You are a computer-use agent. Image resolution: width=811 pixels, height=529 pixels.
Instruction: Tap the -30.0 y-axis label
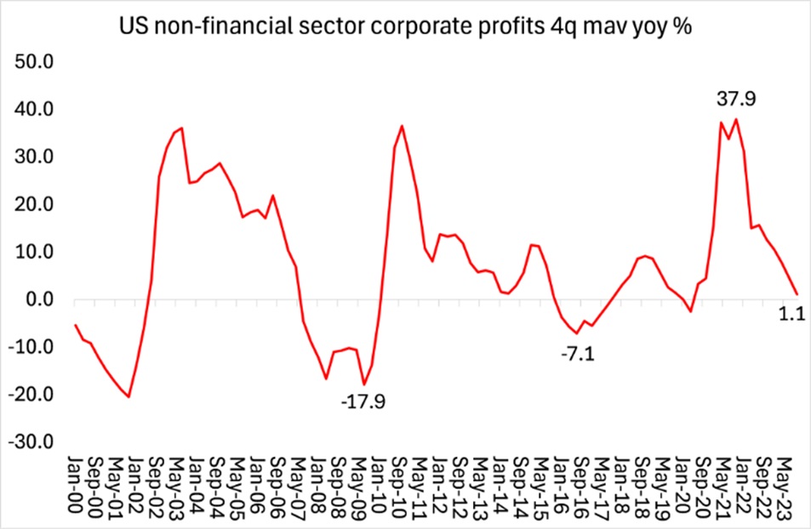click(x=31, y=442)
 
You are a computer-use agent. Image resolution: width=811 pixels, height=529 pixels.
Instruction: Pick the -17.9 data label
click(x=363, y=401)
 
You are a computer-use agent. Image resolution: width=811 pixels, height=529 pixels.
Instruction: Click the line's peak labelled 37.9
click(x=736, y=119)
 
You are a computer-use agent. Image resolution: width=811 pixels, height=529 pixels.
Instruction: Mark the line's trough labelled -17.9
click(x=364, y=384)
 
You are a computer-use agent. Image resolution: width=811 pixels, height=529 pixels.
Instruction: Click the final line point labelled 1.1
click(x=797, y=294)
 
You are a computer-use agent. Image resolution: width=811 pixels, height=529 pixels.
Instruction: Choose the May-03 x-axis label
click(x=178, y=483)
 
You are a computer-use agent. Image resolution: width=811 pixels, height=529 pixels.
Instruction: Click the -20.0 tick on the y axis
click(x=31, y=395)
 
